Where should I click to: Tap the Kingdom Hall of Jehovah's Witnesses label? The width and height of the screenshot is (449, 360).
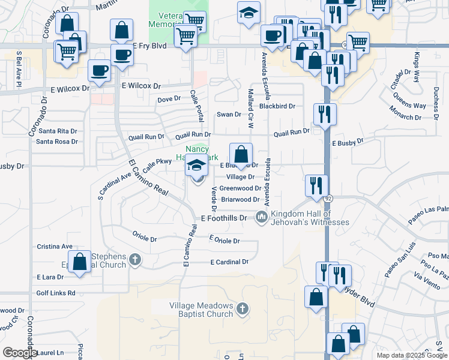(x=310, y=218)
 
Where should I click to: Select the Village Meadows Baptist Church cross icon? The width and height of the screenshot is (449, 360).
(x=243, y=308)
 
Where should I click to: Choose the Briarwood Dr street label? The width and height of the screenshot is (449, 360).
(x=240, y=199)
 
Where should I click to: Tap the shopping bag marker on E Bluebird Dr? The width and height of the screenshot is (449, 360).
(x=241, y=155)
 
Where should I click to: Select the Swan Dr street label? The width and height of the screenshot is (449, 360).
(x=229, y=114)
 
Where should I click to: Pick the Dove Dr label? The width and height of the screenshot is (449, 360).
(x=169, y=99)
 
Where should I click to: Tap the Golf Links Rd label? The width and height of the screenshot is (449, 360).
(x=56, y=293)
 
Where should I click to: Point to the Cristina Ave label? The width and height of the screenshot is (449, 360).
(x=55, y=247)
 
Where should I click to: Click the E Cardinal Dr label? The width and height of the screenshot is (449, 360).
(x=229, y=262)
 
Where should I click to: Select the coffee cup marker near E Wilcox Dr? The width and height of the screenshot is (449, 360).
(x=99, y=70)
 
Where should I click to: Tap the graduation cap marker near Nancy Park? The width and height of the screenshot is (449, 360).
(x=196, y=164)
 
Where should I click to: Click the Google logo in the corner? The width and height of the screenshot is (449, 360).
(x=20, y=353)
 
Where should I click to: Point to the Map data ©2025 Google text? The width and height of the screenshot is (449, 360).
(x=411, y=355)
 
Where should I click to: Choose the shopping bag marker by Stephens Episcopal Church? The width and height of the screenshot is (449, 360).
(x=79, y=262)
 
